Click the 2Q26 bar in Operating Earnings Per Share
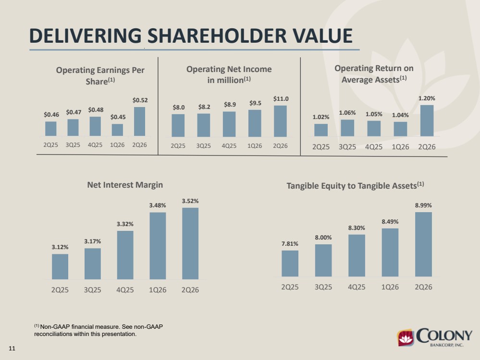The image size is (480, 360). point(140,121)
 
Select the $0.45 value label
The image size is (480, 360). point(118,117)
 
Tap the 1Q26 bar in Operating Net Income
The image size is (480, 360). point(255,123)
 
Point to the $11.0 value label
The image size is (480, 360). point(281,98)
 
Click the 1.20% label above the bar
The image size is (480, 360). point(427,98)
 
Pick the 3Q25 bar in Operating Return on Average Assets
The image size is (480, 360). point(347,128)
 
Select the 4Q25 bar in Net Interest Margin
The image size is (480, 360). point(125,255)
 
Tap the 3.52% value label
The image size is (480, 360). point(190,201)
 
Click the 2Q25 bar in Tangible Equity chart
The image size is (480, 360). point(290,264)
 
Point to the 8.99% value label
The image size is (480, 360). point(423,205)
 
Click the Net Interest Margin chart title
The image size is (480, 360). point(125,185)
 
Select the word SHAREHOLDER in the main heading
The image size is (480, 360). point(217,36)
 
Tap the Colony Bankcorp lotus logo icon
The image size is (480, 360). point(406,337)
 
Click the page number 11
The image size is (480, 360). point(12,348)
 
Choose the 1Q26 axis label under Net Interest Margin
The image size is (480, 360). point(158,289)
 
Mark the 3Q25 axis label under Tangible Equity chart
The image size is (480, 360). point(323,287)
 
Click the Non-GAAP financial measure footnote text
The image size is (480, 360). point(98,330)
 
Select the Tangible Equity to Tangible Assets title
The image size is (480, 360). point(355,186)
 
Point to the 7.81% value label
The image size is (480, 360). point(290,244)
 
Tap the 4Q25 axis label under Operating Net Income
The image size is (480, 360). point(229,146)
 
